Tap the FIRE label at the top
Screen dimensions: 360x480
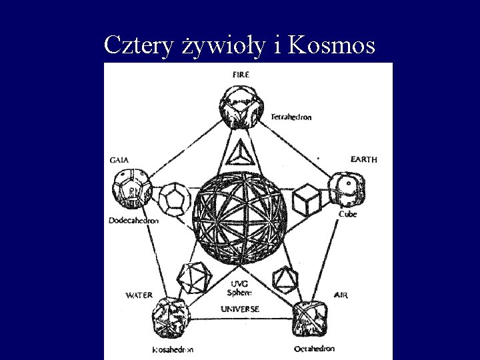tap(241, 74)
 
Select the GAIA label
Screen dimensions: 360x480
tap(119, 160)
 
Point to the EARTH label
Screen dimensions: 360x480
tap(363, 160)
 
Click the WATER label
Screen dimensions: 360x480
tap(139, 295)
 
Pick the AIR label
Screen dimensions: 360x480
tap(340, 295)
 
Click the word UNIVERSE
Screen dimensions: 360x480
tap(240, 309)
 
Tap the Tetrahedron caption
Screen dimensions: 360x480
tap(291, 117)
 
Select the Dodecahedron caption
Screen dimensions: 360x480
tap(134, 221)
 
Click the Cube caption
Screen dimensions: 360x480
tap(347, 214)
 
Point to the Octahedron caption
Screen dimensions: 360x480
tap(314, 349)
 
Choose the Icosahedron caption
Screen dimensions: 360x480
tap(172, 349)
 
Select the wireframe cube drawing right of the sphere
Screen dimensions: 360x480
tap(307, 199)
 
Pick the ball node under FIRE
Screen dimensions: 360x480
tap(239, 108)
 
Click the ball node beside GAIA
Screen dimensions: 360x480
tap(131, 189)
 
